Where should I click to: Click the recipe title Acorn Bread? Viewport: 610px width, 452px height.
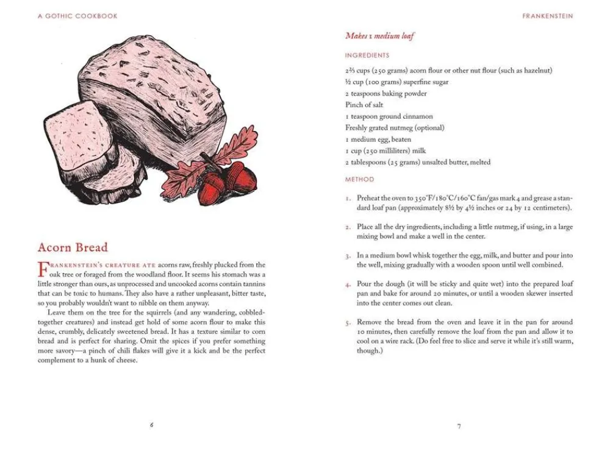pos(73,247)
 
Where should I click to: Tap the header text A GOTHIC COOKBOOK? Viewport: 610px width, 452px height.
pos(77,16)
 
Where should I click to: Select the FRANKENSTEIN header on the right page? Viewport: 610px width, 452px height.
pos(547,16)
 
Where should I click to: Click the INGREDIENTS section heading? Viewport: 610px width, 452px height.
pos(367,55)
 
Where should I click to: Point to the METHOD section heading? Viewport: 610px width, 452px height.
pos(359,180)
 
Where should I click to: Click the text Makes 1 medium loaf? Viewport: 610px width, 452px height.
pos(379,36)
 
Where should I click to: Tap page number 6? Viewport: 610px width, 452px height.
pos(151,425)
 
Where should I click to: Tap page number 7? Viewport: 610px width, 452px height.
pos(459,426)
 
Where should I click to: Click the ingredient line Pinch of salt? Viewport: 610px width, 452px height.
pos(364,105)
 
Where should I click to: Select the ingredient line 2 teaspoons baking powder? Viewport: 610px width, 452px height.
pos(386,93)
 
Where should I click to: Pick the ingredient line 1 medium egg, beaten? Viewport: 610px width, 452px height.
pos(378,139)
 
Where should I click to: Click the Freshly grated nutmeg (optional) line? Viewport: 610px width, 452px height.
pos(395,128)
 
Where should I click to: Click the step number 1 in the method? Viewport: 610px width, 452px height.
pos(348,199)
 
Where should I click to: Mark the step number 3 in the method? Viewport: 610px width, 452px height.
pos(348,256)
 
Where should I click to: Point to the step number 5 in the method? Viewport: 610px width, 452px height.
pos(348,322)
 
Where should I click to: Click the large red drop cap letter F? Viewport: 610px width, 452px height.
pos(43,268)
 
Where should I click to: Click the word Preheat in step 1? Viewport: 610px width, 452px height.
pos(370,198)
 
